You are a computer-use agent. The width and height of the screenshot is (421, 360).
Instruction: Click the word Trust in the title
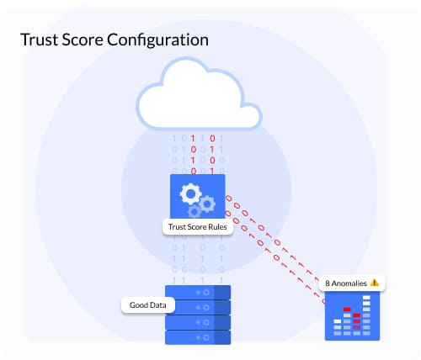click(39, 40)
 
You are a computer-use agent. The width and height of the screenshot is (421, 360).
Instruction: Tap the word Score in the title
click(83, 40)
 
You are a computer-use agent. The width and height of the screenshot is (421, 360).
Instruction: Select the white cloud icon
click(199, 93)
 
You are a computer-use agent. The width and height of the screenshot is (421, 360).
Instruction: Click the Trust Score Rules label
click(198, 227)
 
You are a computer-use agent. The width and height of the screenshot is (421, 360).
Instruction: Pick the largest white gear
click(190, 193)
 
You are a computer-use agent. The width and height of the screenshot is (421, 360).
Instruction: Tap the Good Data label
click(148, 305)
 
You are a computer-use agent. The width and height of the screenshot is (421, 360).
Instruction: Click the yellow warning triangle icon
click(375, 283)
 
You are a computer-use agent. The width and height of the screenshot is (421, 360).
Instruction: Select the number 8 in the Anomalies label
click(328, 283)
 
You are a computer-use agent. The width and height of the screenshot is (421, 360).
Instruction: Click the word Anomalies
click(349, 283)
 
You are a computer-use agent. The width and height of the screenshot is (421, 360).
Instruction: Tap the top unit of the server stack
click(198, 293)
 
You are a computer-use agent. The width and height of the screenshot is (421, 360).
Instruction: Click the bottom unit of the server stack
click(198, 337)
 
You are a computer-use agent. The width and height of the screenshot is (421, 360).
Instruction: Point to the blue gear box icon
click(198, 196)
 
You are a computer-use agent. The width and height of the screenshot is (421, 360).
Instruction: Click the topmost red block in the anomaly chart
click(347, 310)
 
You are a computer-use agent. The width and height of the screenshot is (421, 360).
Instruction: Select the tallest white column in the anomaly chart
click(366, 315)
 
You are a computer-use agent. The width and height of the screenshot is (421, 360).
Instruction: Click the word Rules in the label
click(218, 227)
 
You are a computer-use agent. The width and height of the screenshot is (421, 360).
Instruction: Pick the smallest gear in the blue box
click(195, 212)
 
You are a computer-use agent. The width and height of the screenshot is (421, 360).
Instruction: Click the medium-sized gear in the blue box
click(207, 204)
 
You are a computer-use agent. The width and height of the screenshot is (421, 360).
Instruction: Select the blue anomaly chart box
click(352, 315)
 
